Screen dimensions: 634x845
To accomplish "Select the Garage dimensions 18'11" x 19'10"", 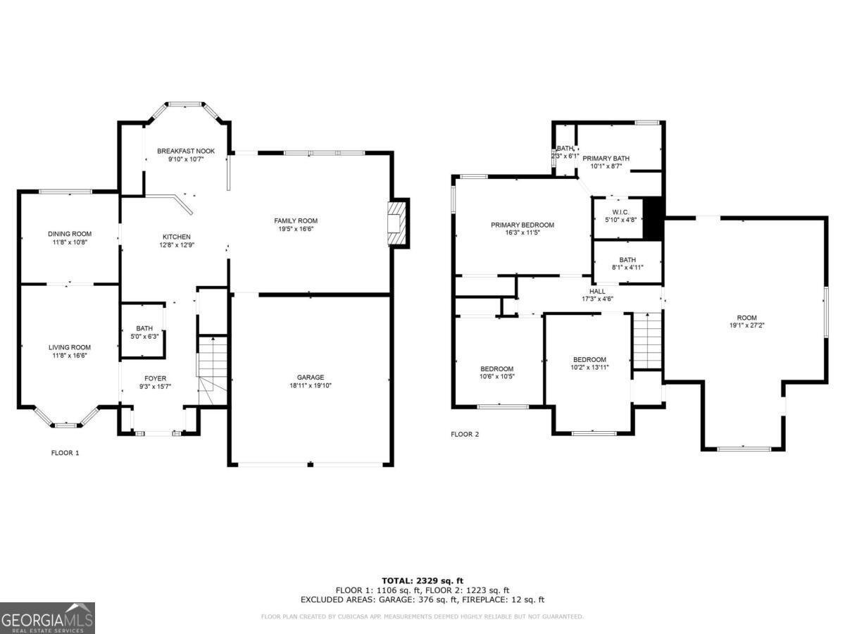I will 310,385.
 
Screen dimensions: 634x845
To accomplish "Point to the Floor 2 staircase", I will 647,340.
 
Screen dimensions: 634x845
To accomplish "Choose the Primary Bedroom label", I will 522,225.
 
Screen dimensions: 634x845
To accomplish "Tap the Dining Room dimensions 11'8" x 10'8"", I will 70,242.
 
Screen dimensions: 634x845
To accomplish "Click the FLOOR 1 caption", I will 65,453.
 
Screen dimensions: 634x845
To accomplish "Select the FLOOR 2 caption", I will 465,435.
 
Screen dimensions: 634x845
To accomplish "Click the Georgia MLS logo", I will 47,618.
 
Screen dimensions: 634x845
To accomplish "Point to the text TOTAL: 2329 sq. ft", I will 423,580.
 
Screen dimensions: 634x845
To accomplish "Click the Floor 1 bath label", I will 144,328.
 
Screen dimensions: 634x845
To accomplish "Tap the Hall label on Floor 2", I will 597,291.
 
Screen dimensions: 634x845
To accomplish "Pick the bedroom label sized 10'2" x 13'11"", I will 589,359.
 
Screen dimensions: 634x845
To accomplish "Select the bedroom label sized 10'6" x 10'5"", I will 497,369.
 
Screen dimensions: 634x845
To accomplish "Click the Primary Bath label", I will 606,158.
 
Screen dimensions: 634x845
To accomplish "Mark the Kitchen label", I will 176,237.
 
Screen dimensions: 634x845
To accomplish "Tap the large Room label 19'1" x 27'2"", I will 743,318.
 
